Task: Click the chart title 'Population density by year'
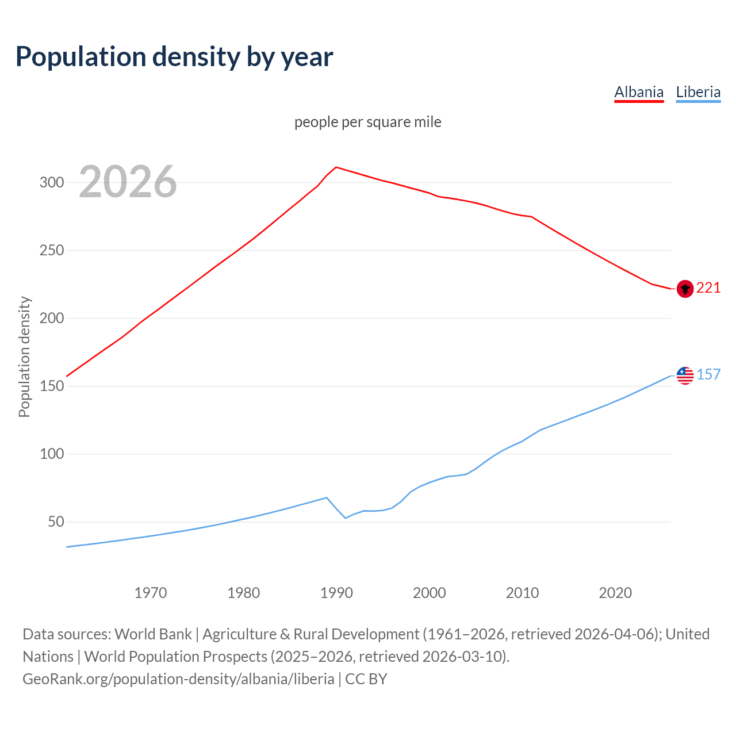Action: [x=174, y=56]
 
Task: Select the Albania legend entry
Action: [x=639, y=92]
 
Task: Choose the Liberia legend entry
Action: [x=698, y=92]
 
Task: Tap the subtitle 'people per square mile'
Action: [x=367, y=122]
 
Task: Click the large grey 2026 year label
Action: [x=128, y=182]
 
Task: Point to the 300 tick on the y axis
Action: [x=51, y=183]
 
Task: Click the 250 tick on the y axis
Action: [x=51, y=251]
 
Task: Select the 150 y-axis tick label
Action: [x=51, y=386]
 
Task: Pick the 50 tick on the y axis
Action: [x=56, y=522]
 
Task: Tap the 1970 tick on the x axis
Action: [x=151, y=593]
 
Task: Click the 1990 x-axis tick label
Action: [x=336, y=593]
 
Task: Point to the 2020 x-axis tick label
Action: [x=615, y=593]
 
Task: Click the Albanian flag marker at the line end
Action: [x=685, y=289]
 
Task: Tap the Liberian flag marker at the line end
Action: [x=685, y=375]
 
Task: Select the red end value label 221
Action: [x=708, y=288]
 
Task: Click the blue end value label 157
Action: [x=708, y=375]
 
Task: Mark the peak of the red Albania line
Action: [x=336, y=167]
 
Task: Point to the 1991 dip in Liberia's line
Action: [x=346, y=518]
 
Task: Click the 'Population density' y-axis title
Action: [x=24, y=356]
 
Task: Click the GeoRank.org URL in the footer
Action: [x=178, y=679]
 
